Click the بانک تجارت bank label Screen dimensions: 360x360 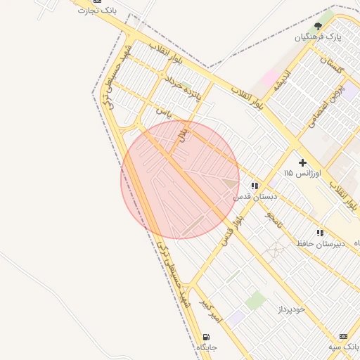[x=97, y=11]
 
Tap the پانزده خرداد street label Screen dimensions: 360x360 [x=182, y=88]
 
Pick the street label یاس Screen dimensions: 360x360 [x=163, y=112]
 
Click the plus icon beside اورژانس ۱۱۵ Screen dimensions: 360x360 [x=303, y=162]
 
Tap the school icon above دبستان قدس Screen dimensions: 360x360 [x=255, y=186]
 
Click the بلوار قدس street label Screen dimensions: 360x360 [x=232, y=229]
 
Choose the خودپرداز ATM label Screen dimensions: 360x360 [x=290, y=309]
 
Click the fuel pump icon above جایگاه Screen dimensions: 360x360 [x=206, y=337]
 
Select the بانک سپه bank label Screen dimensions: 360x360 [x=344, y=347]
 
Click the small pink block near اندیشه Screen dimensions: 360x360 [x=269, y=77]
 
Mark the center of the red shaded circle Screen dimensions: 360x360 [x=180, y=179]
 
